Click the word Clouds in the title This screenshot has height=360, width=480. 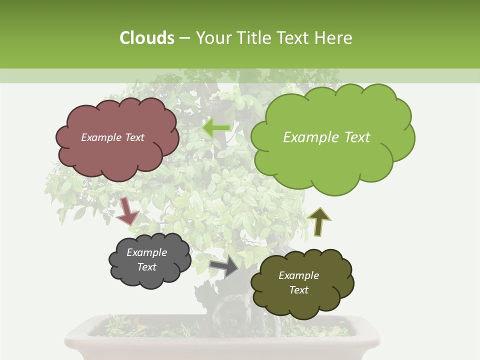tap(146, 38)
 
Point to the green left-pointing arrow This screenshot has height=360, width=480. tap(216, 128)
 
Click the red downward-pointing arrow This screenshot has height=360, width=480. tap(127, 211)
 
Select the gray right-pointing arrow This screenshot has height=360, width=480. tap(224, 266)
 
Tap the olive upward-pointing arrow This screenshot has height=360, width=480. tap(318, 221)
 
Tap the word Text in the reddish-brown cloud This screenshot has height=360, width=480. tap(133, 137)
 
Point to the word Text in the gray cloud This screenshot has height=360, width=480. tap(147, 267)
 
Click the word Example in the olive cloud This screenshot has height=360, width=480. tap(298, 275)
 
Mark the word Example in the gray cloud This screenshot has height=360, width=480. tap(147, 252)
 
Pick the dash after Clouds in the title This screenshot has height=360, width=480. tap(184, 38)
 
